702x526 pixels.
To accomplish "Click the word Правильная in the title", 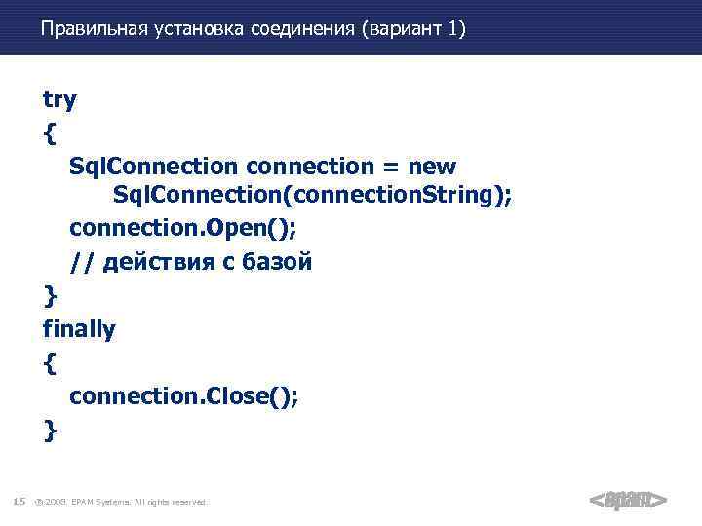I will click(x=93, y=30).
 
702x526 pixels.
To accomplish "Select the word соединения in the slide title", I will click(x=306, y=30).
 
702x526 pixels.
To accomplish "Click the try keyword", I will click(x=59, y=99).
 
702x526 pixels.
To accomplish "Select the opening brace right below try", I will click(x=50, y=133).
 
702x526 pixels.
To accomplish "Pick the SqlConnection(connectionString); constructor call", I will click(x=312, y=198).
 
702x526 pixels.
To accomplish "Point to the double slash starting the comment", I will click(x=77, y=263).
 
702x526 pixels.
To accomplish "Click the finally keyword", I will click(x=79, y=329).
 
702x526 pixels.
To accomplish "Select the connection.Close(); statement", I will click(x=184, y=396).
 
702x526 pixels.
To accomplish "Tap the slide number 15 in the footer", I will click(x=19, y=502).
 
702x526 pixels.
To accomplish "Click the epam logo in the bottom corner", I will click(x=628, y=501).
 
